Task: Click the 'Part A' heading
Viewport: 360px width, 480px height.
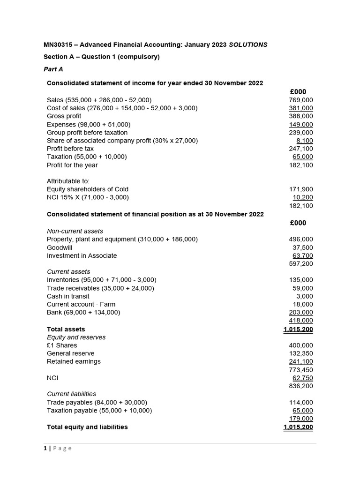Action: point(53,69)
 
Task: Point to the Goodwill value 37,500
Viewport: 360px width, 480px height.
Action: point(303,247)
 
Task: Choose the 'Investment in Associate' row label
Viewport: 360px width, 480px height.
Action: point(82,255)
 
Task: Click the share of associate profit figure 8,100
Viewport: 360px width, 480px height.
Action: point(305,141)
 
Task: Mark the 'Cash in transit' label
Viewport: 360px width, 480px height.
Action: point(68,296)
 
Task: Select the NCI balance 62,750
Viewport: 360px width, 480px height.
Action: point(303,378)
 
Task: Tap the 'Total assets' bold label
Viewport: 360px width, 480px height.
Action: point(66,329)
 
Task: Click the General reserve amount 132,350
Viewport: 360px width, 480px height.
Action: point(301,353)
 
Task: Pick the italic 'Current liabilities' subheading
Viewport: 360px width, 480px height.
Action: point(71,394)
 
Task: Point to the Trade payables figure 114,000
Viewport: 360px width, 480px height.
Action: point(301,402)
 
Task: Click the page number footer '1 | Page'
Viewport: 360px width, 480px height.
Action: point(58,448)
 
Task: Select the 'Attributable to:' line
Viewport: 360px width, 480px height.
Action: point(68,181)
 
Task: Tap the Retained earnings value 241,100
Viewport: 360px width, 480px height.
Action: point(301,361)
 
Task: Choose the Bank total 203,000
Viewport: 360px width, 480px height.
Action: point(301,312)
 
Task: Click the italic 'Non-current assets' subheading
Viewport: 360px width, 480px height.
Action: point(75,231)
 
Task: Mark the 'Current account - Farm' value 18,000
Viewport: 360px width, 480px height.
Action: point(303,304)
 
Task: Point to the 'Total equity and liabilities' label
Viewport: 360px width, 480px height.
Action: point(87,427)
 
